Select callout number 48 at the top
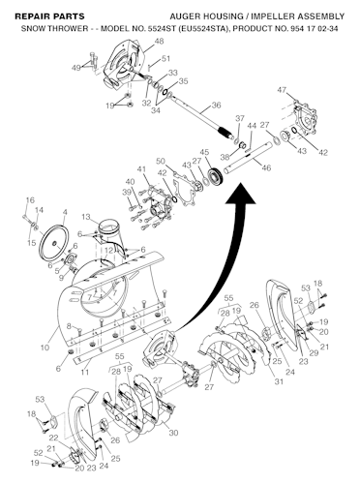point(159,43)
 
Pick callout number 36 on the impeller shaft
point(216,106)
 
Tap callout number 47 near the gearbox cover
point(282,89)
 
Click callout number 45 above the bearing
point(204,151)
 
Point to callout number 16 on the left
point(29,199)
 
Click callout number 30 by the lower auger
point(173,432)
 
